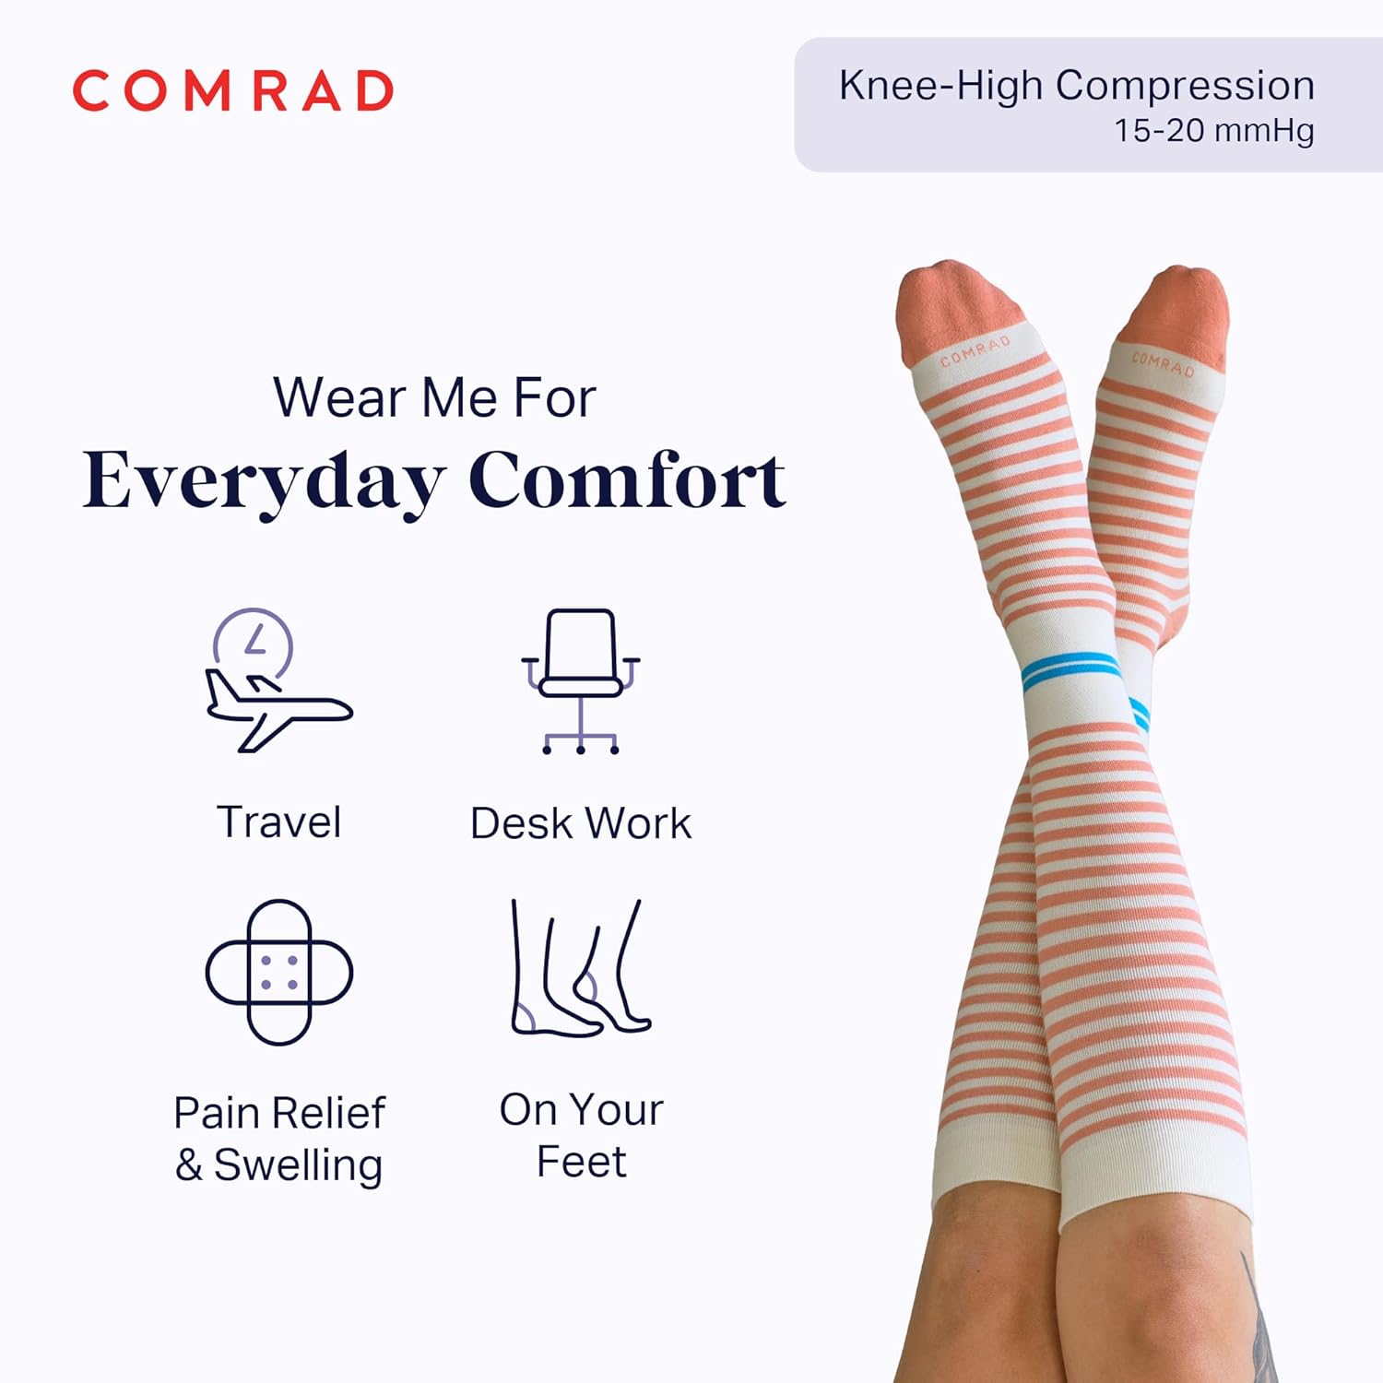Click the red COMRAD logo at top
(233, 91)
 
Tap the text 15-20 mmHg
(1213, 131)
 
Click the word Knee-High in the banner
(941, 86)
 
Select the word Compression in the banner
(1185, 86)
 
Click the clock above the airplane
(254, 643)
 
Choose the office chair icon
(580, 681)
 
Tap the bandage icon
(279, 972)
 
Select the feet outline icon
(580, 968)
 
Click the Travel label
(278, 822)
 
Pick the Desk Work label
(580, 823)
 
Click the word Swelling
(298, 1164)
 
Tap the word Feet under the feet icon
(581, 1162)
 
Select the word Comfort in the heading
(627, 480)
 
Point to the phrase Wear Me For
(434, 398)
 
